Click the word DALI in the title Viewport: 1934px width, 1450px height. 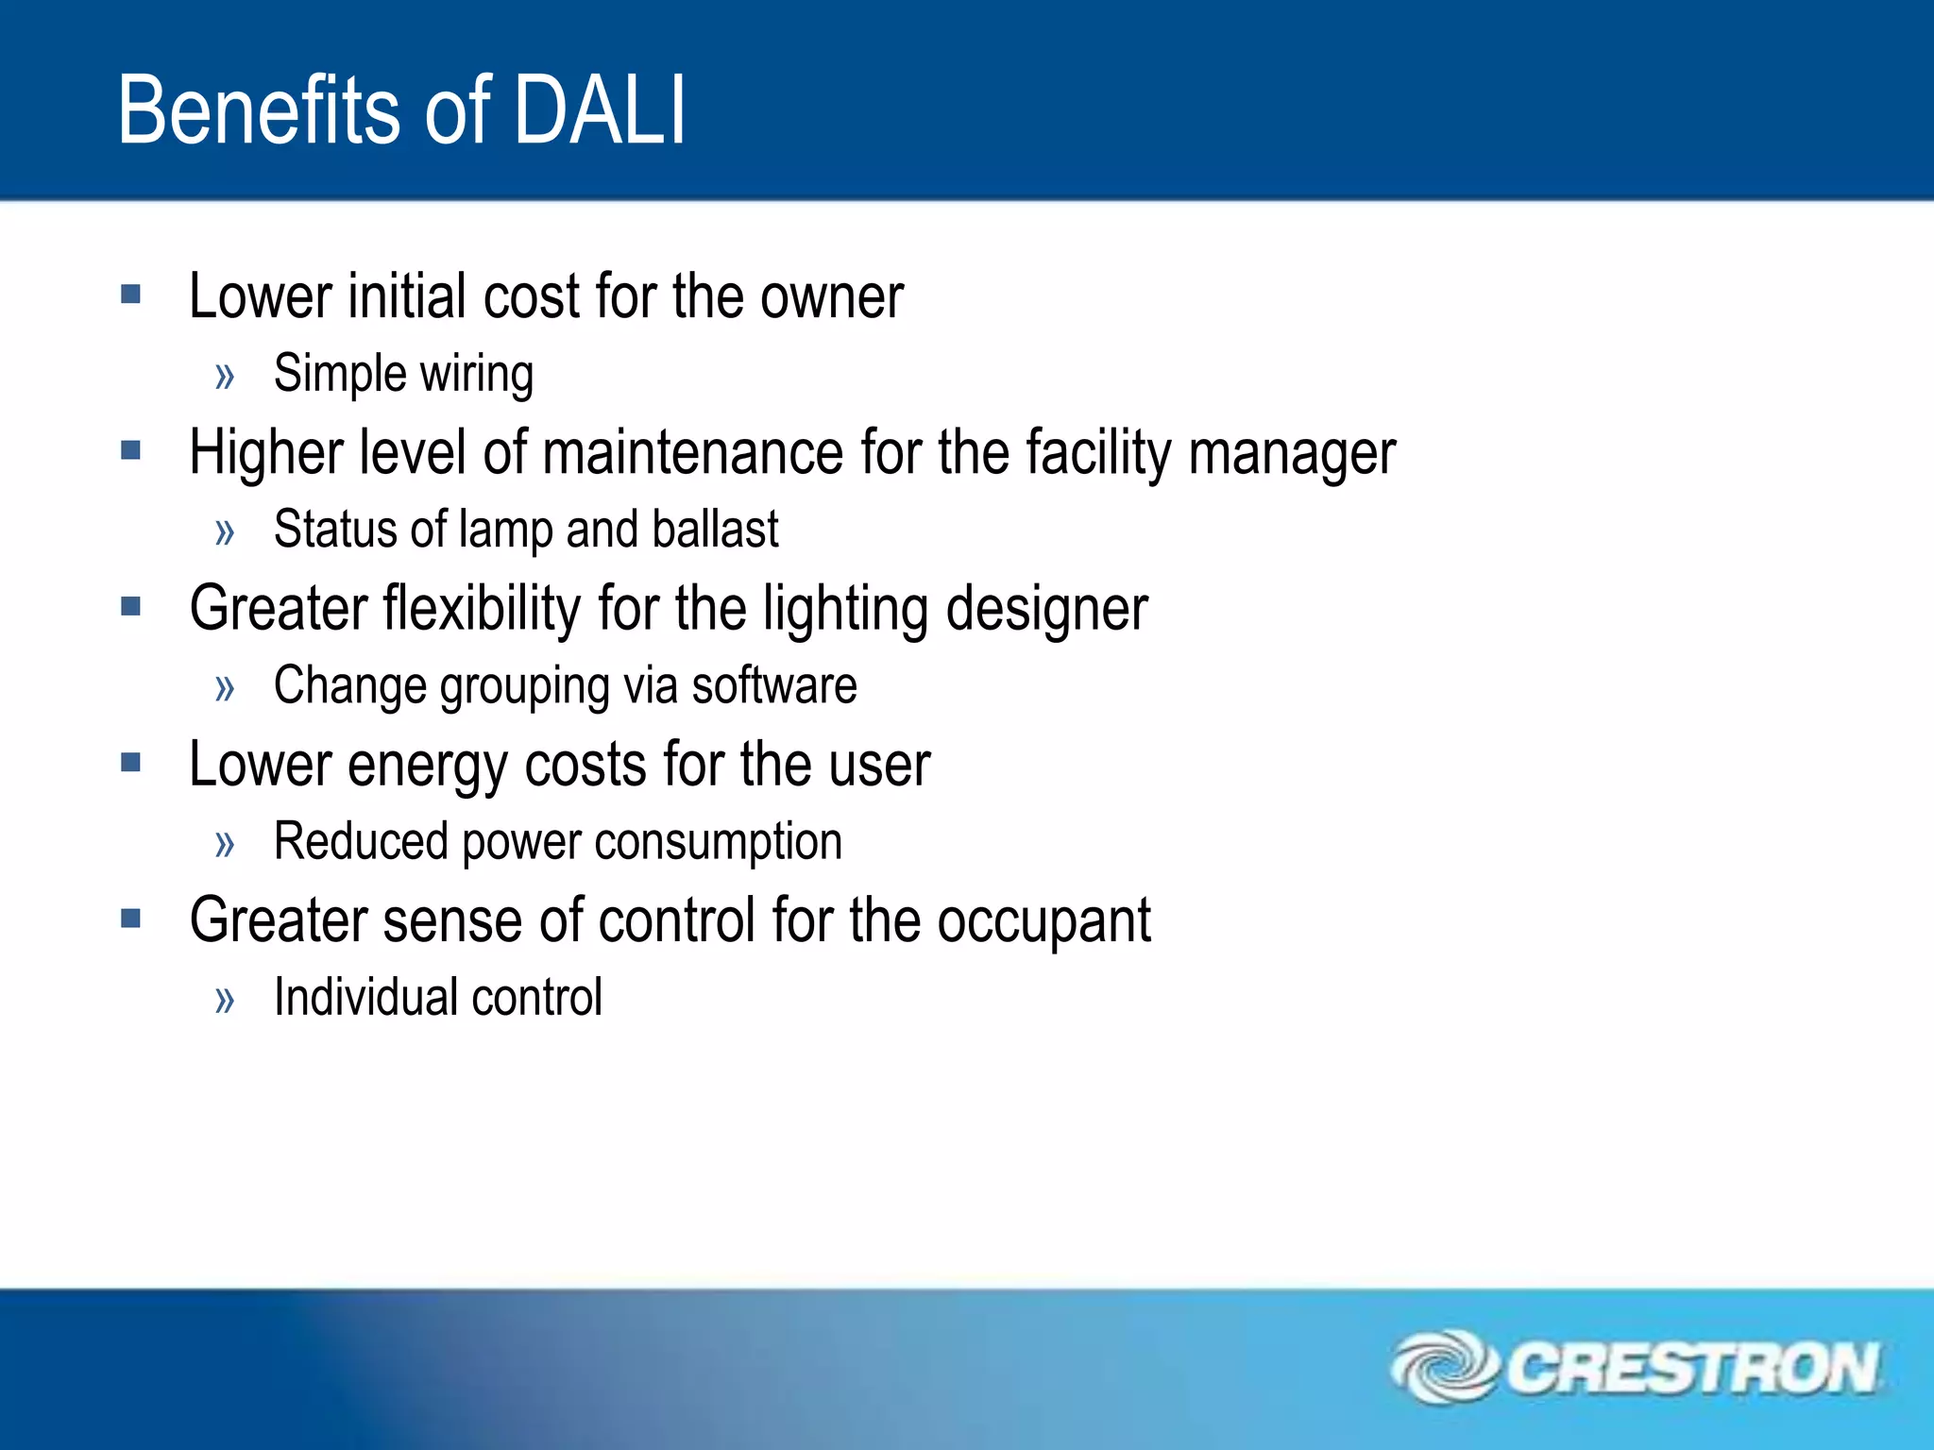point(599,111)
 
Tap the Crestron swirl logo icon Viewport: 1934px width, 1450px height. point(1444,1366)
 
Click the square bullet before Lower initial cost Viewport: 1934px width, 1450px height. point(131,295)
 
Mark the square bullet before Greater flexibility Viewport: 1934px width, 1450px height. point(131,606)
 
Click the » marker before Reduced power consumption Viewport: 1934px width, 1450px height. point(225,843)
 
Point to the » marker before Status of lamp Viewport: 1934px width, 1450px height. point(225,531)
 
